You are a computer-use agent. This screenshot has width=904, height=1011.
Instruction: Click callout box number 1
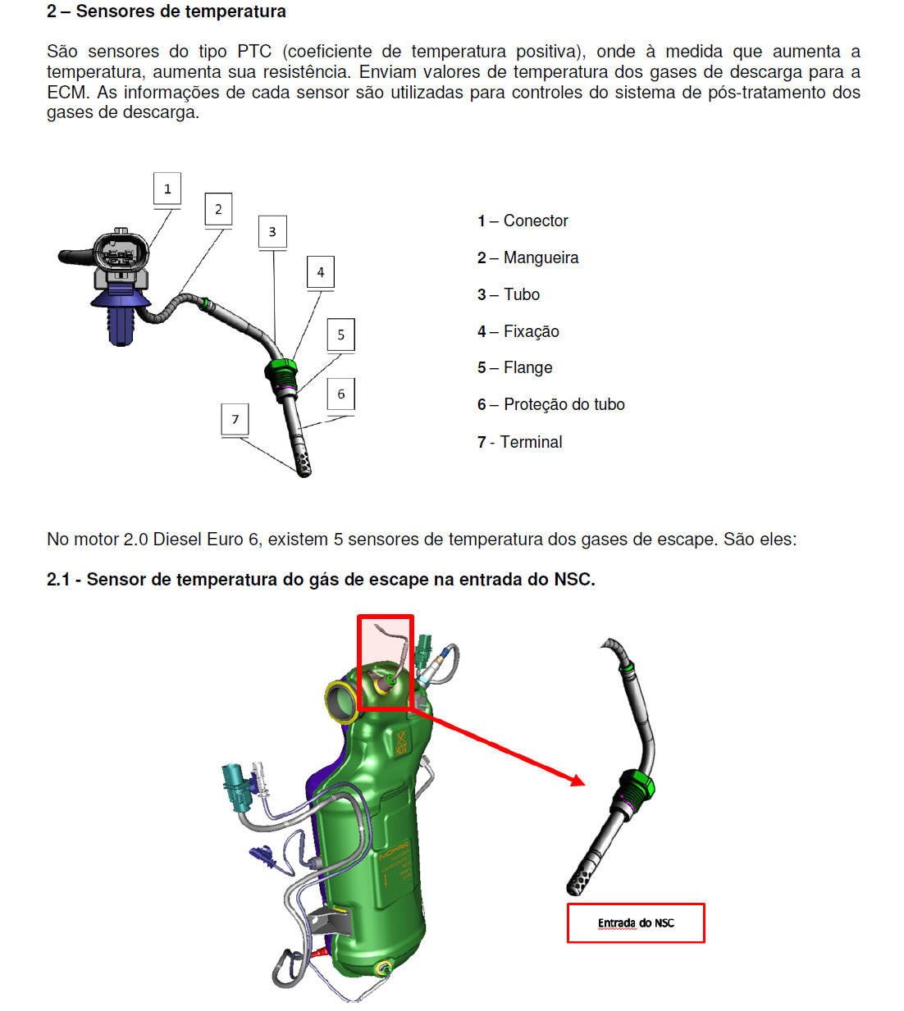(167, 189)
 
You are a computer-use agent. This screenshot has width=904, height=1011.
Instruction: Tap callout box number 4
(321, 271)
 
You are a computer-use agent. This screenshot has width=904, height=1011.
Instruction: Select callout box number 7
(235, 419)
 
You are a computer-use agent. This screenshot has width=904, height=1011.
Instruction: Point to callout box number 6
(341, 394)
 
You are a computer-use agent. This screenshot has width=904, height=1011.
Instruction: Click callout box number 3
(272, 232)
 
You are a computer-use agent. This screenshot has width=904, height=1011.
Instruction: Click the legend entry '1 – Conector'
(523, 221)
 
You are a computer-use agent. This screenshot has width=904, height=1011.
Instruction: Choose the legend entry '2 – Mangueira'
(527, 257)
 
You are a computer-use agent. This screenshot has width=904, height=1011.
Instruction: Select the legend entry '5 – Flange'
(514, 367)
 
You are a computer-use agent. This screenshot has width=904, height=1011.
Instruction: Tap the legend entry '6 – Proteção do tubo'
(550, 404)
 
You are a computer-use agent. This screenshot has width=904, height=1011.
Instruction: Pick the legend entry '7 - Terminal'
(519, 442)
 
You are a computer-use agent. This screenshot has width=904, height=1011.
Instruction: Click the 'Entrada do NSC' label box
(636, 923)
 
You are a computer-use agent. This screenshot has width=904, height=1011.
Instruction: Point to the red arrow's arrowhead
(578, 781)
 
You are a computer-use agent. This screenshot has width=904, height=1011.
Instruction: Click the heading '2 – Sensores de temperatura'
(167, 11)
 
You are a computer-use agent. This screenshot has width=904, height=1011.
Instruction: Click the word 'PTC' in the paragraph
(254, 52)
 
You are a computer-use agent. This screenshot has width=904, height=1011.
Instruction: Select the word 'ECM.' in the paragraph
(68, 92)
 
